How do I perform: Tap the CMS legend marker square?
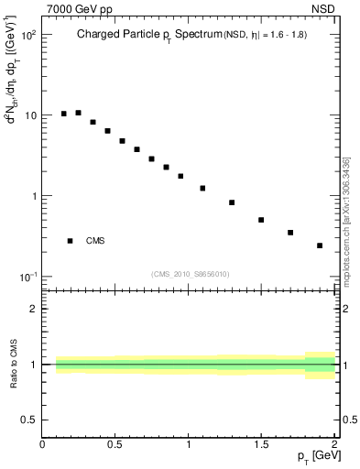(70, 241)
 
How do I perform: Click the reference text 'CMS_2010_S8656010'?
(191, 274)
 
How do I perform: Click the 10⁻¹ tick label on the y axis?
(27, 277)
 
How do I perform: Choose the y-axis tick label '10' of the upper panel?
(29, 115)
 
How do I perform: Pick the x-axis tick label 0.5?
(115, 445)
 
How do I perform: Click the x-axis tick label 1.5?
(261, 445)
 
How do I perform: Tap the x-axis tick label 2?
(333, 445)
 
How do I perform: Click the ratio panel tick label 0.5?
(29, 420)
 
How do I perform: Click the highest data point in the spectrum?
(79, 113)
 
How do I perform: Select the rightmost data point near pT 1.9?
(320, 245)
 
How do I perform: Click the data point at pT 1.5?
(261, 220)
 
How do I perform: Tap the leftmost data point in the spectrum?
(64, 114)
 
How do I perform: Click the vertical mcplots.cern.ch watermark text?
(345, 220)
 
